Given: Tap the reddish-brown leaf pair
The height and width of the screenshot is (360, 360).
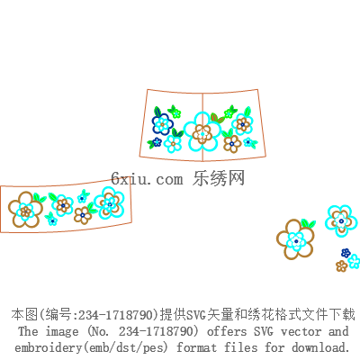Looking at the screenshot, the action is tap(217, 118).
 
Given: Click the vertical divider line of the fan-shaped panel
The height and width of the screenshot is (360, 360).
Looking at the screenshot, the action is tap(202, 127).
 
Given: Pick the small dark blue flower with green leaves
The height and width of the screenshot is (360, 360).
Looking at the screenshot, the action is tap(156, 143).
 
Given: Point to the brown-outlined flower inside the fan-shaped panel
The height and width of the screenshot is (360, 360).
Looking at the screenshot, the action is tap(232, 144).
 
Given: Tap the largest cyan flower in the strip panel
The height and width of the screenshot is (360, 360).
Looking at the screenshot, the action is tap(109, 202).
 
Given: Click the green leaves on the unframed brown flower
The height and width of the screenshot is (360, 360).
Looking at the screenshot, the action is tap(308, 224).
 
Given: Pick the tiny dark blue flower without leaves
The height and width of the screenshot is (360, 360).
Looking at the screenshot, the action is tap(346, 253).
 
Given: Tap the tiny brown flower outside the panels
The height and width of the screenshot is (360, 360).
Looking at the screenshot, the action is tap(341, 265).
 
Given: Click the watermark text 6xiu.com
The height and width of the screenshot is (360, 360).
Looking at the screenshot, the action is tap(147, 179).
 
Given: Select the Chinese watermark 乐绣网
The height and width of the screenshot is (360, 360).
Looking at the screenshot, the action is tap(219, 178).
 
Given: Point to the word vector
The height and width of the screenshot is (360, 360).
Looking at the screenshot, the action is tap(301, 331).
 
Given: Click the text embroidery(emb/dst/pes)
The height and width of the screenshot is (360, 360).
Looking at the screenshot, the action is tap(91, 347).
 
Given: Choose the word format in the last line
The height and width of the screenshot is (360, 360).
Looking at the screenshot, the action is tap(196, 347).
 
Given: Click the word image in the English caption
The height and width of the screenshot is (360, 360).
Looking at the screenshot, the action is tap(62, 332).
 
